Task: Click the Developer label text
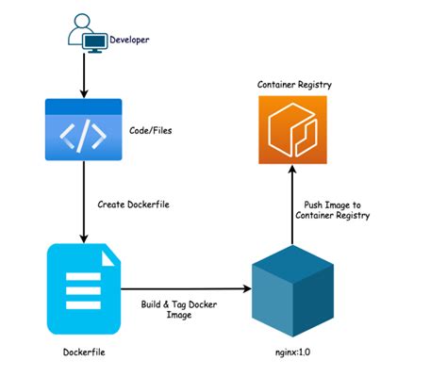pyautogui.click(x=129, y=40)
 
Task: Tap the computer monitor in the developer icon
pyautogui.click(x=95, y=42)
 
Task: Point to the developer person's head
pyautogui.click(x=82, y=21)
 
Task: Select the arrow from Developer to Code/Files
pyautogui.click(x=84, y=75)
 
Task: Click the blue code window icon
pyautogui.click(x=84, y=129)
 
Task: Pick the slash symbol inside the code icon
pyautogui.click(x=83, y=136)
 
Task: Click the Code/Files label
pyautogui.click(x=151, y=130)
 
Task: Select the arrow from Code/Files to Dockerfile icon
pyautogui.click(x=84, y=202)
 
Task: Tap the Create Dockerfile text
pyautogui.click(x=133, y=205)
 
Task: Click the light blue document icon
pyautogui.click(x=84, y=289)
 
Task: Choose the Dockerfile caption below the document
pyautogui.click(x=84, y=352)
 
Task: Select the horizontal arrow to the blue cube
pyautogui.click(x=187, y=288)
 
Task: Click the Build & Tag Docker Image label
pyautogui.click(x=179, y=309)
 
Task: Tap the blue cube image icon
pyautogui.click(x=292, y=291)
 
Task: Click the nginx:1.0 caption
pyautogui.click(x=292, y=352)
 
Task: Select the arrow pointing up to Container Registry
pyautogui.click(x=292, y=205)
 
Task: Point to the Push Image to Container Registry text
pyautogui.click(x=332, y=210)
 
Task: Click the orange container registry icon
pyautogui.click(x=292, y=130)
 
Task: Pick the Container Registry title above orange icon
pyautogui.click(x=294, y=85)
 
